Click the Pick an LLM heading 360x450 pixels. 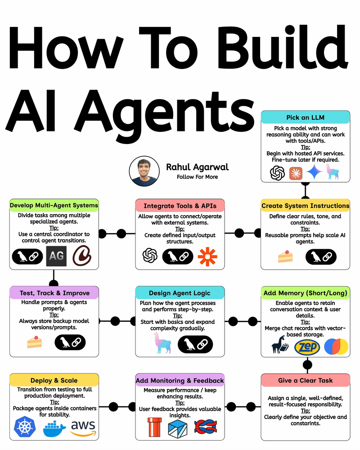point(306,117)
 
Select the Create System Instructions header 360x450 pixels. point(306,206)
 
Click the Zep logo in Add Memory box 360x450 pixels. point(307,346)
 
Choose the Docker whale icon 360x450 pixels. point(54,428)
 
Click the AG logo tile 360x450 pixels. point(57,256)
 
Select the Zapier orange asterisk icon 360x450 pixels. point(207,256)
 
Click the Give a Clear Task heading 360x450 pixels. point(306,380)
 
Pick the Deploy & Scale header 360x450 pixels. point(54,380)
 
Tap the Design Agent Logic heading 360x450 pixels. point(180,293)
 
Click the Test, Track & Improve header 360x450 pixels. point(54,293)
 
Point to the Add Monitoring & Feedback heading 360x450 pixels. point(180,380)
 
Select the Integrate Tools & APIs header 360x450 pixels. point(180,206)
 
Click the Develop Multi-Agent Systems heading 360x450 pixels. point(54,206)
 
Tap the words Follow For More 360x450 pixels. point(197,177)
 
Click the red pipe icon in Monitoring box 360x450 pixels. point(155,427)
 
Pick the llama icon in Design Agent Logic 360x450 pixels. point(158,343)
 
